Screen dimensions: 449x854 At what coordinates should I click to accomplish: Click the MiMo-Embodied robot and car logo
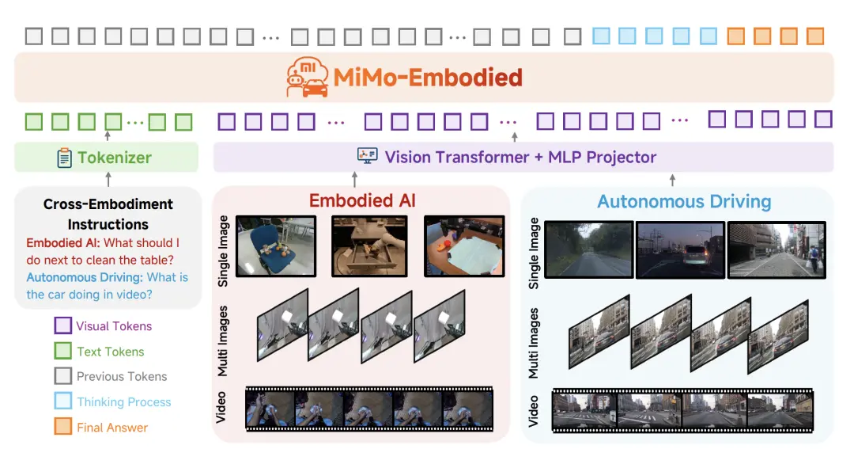click(x=307, y=77)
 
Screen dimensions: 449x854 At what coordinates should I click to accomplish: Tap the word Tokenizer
click(x=114, y=158)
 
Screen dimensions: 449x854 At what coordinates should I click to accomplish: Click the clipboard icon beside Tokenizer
click(x=64, y=158)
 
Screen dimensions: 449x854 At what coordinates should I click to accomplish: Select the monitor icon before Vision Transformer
click(x=368, y=157)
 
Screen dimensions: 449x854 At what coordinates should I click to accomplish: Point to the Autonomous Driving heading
click(x=684, y=201)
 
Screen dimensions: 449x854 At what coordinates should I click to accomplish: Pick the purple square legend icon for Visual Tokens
click(x=62, y=325)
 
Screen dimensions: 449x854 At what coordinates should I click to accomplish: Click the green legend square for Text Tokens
click(x=62, y=351)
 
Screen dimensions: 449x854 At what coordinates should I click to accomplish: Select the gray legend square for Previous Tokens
click(x=62, y=376)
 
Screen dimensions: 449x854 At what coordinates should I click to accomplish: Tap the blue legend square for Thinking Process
click(x=62, y=401)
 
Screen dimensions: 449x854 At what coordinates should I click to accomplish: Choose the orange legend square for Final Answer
click(x=62, y=427)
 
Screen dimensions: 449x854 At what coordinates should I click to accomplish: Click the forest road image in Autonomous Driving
click(x=588, y=249)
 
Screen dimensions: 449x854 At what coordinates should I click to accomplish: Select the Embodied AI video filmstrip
click(x=369, y=409)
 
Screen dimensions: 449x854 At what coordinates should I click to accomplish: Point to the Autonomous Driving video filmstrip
click(x=682, y=411)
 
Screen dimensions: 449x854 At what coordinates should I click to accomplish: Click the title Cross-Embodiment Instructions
click(x=108, y=214)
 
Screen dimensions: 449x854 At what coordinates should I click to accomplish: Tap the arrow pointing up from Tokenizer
click(x=108, y=137)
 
